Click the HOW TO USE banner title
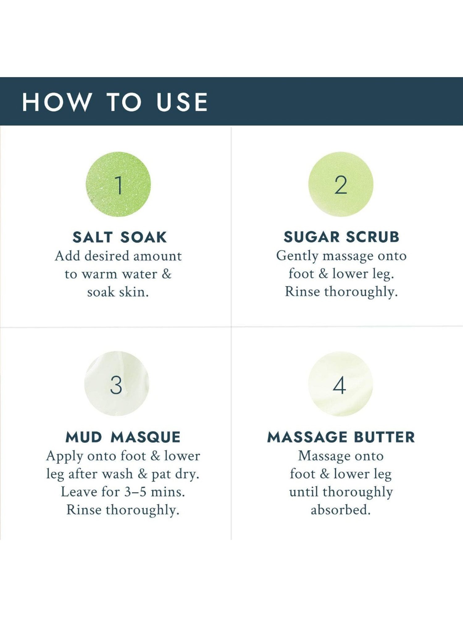115,102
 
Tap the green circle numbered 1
118,184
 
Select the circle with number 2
341,184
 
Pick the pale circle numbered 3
117,383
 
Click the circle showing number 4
340,384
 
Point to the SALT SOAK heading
120,237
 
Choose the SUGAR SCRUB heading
341,237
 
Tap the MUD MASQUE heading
123,437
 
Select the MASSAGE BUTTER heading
341,437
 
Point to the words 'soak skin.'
118,292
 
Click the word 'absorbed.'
340,510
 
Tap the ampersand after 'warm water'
166,274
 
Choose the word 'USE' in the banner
182,102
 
